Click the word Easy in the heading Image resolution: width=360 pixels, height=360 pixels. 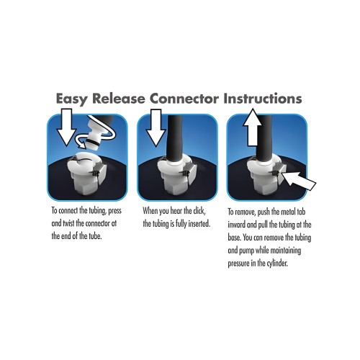71,99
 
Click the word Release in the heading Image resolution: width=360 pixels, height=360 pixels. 119,98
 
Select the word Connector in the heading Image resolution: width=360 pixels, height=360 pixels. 184,99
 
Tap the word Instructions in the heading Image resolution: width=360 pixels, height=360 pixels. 263,98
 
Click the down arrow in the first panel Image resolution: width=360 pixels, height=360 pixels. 66,127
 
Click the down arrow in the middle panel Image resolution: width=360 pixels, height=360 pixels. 156,127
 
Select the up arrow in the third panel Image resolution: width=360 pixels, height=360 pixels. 252,127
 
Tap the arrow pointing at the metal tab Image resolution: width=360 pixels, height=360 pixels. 298,181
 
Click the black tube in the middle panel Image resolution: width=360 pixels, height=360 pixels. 174,138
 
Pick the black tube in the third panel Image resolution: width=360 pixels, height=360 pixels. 264,138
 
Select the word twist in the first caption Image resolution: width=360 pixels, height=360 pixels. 68,223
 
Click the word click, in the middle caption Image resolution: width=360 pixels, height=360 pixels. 199,211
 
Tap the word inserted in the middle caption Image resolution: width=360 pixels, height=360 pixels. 199,224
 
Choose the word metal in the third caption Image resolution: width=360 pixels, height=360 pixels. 288,212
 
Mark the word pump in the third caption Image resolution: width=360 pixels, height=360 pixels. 246,251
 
